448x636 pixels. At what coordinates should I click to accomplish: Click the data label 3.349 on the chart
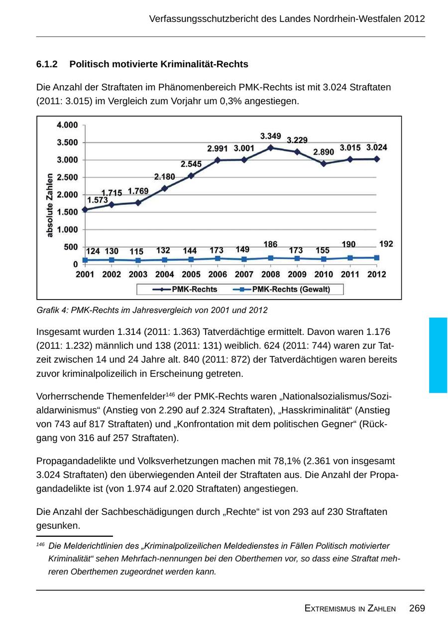click(271, 136)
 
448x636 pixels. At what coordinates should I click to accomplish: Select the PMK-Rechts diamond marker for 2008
click(271, 148)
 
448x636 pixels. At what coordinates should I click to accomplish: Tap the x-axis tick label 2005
click(191, 274)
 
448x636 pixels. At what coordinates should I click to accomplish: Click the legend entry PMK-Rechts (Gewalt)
click(291, 289)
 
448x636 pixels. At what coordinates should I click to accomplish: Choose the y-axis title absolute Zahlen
click(50, 205)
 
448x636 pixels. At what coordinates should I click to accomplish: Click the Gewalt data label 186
click(270, 244)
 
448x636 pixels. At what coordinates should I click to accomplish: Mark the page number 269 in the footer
click(417, 608)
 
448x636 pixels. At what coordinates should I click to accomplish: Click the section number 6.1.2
click(47, 64)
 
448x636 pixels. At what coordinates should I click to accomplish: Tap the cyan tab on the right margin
click(438, 355)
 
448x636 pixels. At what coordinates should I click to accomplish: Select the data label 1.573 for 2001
click(98, 200)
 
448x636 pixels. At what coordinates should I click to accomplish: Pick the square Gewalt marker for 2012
click(377, 258)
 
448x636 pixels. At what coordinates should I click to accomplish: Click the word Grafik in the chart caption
click(47, 310)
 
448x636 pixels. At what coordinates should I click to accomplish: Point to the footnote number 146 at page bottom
click(40, 545)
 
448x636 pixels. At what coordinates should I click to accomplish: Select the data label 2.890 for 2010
click(324, 152)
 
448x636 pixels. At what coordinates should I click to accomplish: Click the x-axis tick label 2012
click(377, 274)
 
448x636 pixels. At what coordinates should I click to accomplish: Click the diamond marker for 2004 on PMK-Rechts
click(165, 188)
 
